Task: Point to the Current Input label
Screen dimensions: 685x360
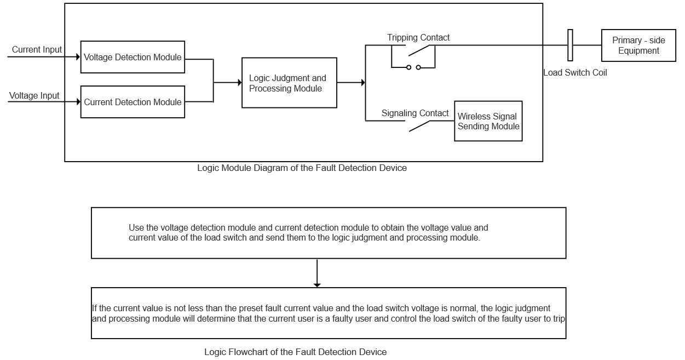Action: click(x=37, y=50)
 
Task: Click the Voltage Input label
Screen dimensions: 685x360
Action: click(x=34, y=95)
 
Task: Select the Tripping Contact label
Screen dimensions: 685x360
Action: click(x=418, y=37)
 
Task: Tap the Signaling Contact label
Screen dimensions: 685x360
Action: click(x=415, y=113)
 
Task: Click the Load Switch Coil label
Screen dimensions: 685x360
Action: click(x=575, y=72)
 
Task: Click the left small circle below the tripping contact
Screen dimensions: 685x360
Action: click(x=409, y=67)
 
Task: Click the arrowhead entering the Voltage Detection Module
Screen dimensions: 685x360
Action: click(x=78, y=57)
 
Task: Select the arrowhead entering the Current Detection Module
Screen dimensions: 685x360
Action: click(x=79, y=101)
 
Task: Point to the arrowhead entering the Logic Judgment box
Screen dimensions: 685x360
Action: click(x=240, y=83)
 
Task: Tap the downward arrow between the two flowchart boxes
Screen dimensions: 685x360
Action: click(x=317, y=273)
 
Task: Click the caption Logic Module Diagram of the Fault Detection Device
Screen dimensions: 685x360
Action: click(x=302, y=168)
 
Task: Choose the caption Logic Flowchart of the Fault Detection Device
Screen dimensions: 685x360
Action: click(x=295, y=352)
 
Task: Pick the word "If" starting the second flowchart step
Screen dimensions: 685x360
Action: click(x=95, y=308)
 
